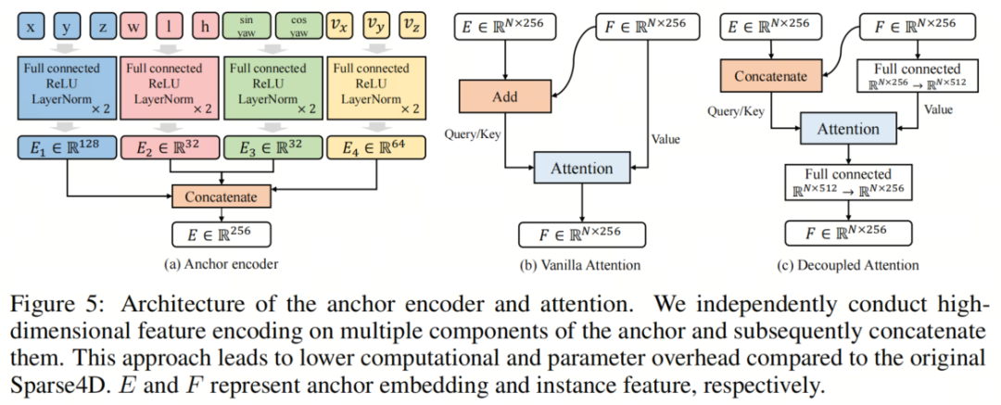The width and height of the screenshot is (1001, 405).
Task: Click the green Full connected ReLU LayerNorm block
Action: coord(273,87)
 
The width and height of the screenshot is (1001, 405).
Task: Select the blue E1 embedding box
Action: coord(68,147)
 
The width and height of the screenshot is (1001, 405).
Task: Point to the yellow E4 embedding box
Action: coord(376,147)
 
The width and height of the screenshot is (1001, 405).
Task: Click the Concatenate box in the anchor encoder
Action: coord(221,196)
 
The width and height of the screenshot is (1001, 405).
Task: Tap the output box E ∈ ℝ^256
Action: coord(221,234)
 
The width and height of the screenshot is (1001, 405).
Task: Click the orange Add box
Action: coord(504,96)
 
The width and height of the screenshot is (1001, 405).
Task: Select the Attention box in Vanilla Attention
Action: coord(581,168)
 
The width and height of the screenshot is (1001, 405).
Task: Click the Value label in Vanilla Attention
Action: coord(665,139)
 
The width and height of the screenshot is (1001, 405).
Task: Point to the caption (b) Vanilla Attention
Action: coord(581,264)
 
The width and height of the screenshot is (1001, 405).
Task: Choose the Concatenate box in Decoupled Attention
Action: coord(770,77)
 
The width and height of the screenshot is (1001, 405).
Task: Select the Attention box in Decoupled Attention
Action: coord(848,129)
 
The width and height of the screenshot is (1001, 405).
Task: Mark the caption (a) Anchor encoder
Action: coord(221,264)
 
